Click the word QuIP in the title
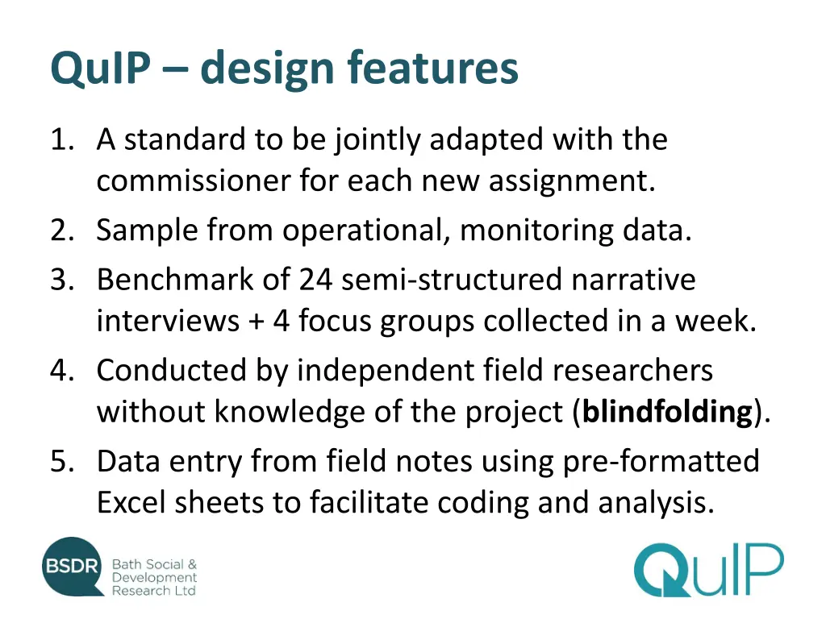click(99, 69)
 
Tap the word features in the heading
click(433, 69)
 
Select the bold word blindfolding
click(667, 412)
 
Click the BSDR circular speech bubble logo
click(73, 567)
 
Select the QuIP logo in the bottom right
click(707, 570)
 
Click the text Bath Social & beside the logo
click(154, 564)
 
